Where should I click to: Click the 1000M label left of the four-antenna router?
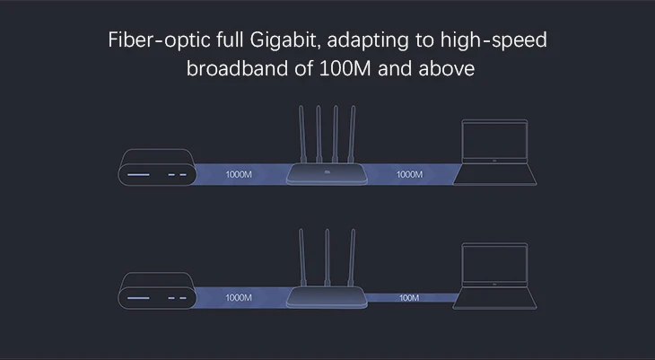(239, 174)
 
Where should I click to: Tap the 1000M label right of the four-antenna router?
(409, 174)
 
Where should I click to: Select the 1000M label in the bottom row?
(239, 297)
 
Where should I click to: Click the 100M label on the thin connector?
(409, 297)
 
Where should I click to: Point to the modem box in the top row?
(156, 170)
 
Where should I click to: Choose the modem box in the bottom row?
(156, 293)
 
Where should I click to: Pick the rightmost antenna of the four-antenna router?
(350, 135)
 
